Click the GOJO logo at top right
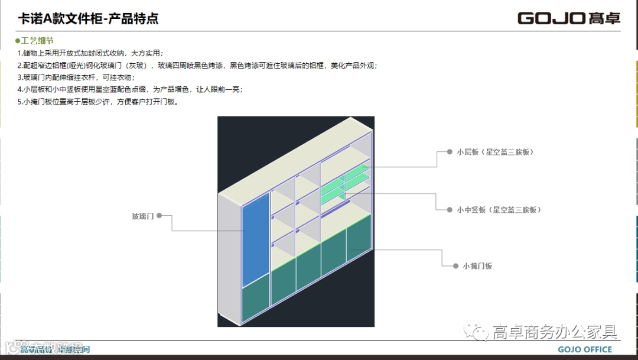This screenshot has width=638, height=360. coord(569,18)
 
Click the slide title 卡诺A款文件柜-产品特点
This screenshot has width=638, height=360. coord(89,19)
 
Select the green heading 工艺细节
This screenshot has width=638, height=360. coord(37,41)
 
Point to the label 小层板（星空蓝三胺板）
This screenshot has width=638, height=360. coord(495,152)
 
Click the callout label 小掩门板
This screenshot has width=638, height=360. coord(477,266)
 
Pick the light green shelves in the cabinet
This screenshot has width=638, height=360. coord(344,184)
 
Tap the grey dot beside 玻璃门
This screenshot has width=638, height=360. coord(159,216)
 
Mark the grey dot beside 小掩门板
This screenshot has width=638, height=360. coord(455,266)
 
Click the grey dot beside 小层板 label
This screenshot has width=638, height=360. coord(450,152)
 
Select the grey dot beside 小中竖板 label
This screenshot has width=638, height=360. coord(450,210)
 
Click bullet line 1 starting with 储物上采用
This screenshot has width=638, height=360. coord(90,53)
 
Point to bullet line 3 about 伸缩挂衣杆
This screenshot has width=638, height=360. coord(76,77)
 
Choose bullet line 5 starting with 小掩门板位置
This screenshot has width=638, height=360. coord(97,102)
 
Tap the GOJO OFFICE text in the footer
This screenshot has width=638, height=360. coord(585,350)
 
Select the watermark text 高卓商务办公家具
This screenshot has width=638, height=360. coord(555,332)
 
